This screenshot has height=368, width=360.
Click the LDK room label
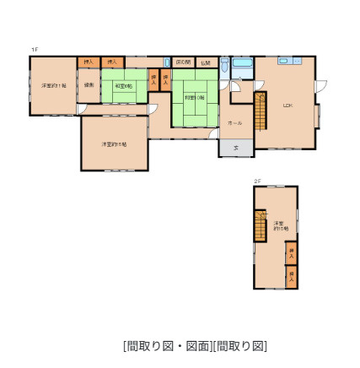(x=287, y=106)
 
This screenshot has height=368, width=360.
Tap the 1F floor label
(x=35, y=50)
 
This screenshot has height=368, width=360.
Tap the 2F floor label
(x=257, y=181)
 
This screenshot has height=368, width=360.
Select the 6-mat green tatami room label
(x=123, y=85)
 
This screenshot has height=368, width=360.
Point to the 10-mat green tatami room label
(x=194, y=97)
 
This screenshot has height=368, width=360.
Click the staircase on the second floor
(x=261, y=227)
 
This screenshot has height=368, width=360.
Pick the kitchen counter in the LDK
(x=289, y=61)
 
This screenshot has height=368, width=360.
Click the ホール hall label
(x=236, y=123)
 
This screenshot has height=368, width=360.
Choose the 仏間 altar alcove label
(x=205, y=62)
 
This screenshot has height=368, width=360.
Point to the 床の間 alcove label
(x=183, y=62)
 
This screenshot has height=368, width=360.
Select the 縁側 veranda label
(x=89, y=85)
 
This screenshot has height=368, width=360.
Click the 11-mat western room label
(x=53, y=85)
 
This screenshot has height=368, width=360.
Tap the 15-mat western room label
(x=114, y=144)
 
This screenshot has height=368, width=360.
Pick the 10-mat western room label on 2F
(x=281, y=225)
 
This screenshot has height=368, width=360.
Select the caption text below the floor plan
(x=195, y=345)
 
